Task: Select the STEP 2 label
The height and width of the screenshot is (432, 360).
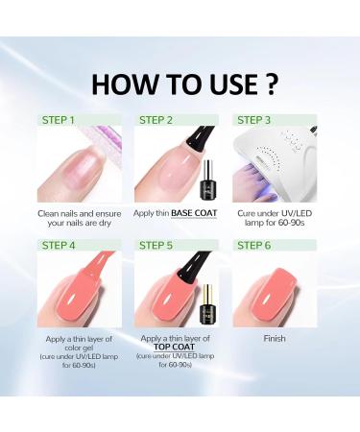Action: click(159, 121)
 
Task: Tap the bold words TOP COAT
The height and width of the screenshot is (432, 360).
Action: click(179, 348)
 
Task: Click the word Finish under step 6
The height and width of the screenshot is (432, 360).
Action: click(276, 338)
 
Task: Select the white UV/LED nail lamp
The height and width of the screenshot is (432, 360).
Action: click(278, 163)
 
